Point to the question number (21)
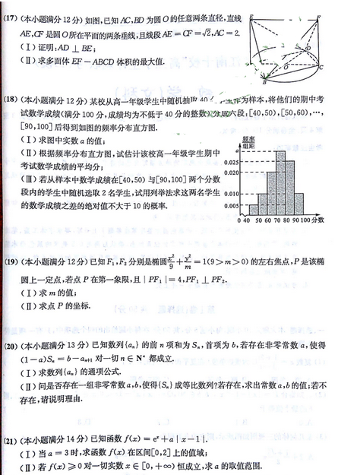coord(12,441)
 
